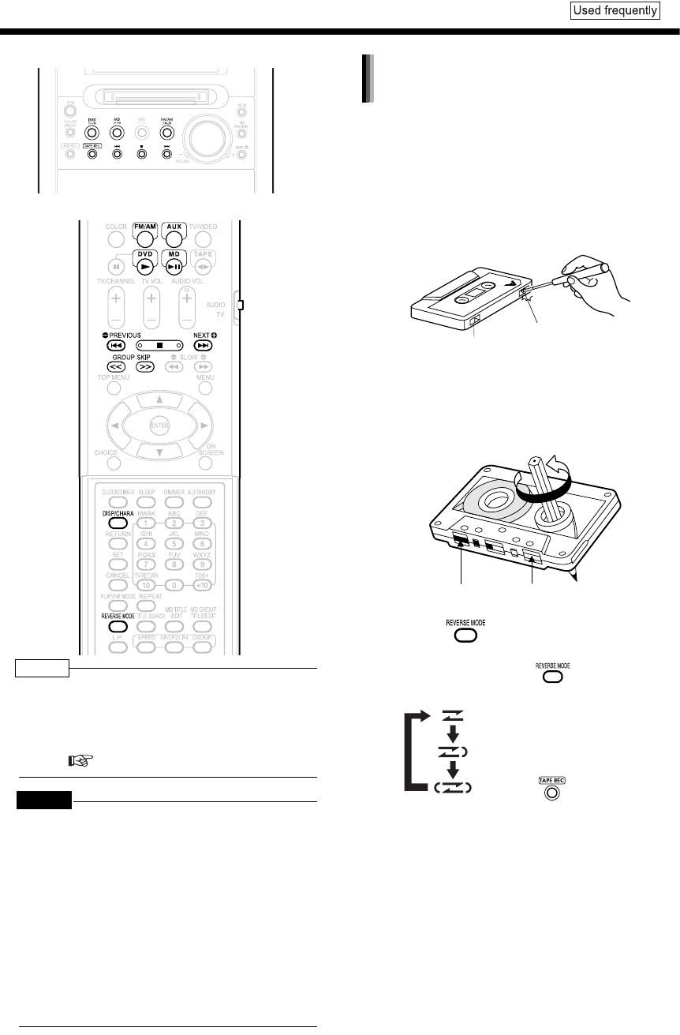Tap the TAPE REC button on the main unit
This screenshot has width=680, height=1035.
click(x=92, y=153)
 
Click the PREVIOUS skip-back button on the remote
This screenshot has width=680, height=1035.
click(x=117, y=346)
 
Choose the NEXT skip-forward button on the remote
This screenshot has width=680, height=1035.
click(x=204, y=346)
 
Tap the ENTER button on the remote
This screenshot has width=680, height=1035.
click(x=160, y=427)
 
